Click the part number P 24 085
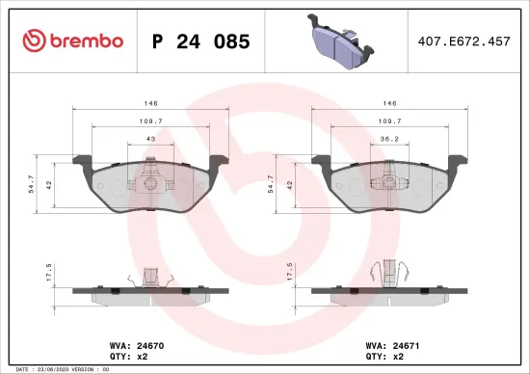click(x=201, y=41)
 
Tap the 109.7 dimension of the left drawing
click(x=149, y=121)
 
